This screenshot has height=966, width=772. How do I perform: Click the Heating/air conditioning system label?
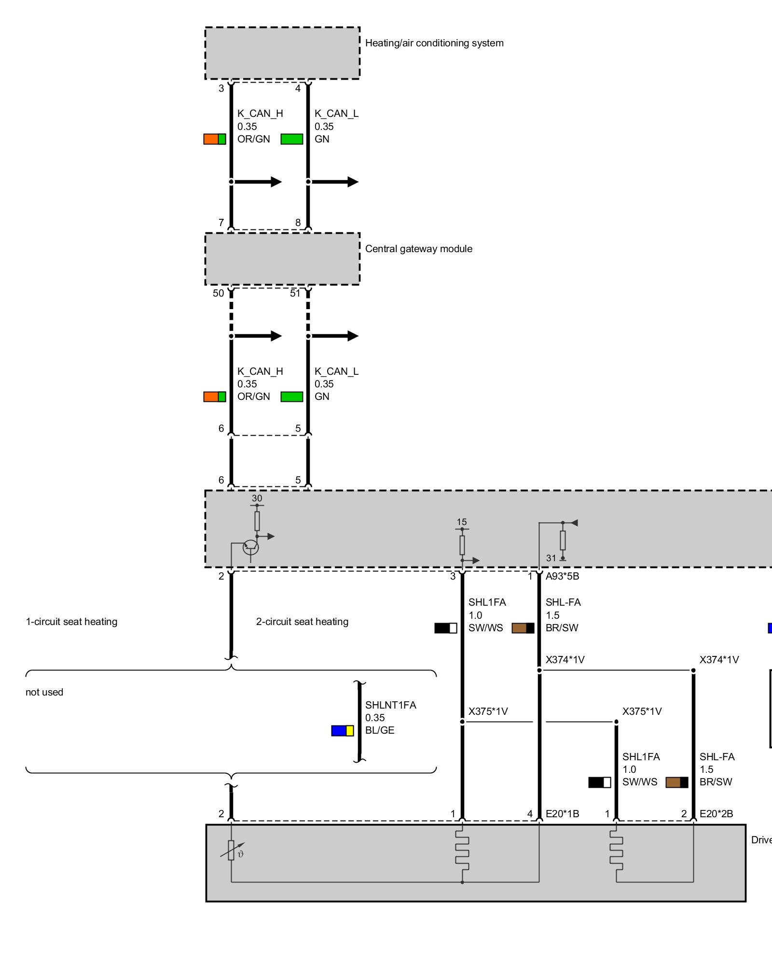434,43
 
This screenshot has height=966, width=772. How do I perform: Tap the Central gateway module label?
418,249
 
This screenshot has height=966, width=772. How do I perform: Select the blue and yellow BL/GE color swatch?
342,731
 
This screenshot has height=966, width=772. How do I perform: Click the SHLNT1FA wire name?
390,705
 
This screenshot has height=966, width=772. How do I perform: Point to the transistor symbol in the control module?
250,547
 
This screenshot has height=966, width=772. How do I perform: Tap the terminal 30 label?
257,498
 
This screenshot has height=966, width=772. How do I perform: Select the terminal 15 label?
461,522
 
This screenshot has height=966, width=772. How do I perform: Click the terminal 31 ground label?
551,558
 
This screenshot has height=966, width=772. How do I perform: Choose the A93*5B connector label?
562,576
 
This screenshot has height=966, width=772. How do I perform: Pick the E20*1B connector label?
562,814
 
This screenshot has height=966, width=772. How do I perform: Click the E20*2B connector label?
716,814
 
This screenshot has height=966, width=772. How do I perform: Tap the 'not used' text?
44,692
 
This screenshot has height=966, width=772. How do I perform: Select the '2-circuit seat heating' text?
302,622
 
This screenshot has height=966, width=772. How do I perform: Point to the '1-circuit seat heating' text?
71,622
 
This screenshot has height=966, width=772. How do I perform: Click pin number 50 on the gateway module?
218,293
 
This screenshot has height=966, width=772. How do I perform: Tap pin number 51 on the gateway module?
295,293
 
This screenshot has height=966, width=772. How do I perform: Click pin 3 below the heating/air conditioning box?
221,88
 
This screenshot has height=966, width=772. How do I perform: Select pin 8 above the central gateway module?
298,223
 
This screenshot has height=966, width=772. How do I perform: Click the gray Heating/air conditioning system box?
282,53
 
